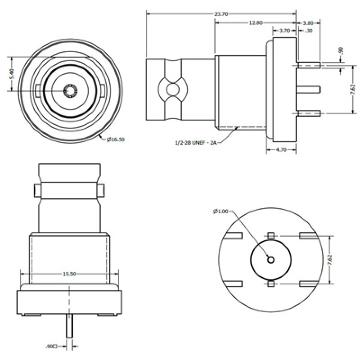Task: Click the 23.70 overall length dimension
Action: click(221, 14)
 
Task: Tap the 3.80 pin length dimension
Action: click(308, 22)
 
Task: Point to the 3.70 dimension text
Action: click(284, 31)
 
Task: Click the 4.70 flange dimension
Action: click(281, 150)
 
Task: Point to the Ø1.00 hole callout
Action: click(220, 211)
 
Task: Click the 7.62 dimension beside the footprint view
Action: click(343, 260)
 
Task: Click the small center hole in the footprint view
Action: click(270, 259)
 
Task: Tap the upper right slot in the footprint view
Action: click(310, 235)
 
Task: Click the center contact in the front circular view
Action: click(70, 91)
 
